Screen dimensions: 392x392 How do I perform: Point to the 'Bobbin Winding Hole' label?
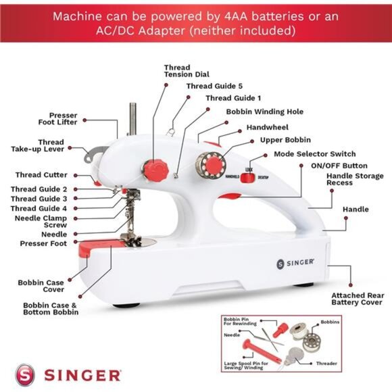point(264,112)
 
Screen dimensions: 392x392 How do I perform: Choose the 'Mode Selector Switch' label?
point(314,154)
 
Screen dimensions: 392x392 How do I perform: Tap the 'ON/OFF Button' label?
point(339,166)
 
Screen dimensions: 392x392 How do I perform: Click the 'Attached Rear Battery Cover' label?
point(358,299)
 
